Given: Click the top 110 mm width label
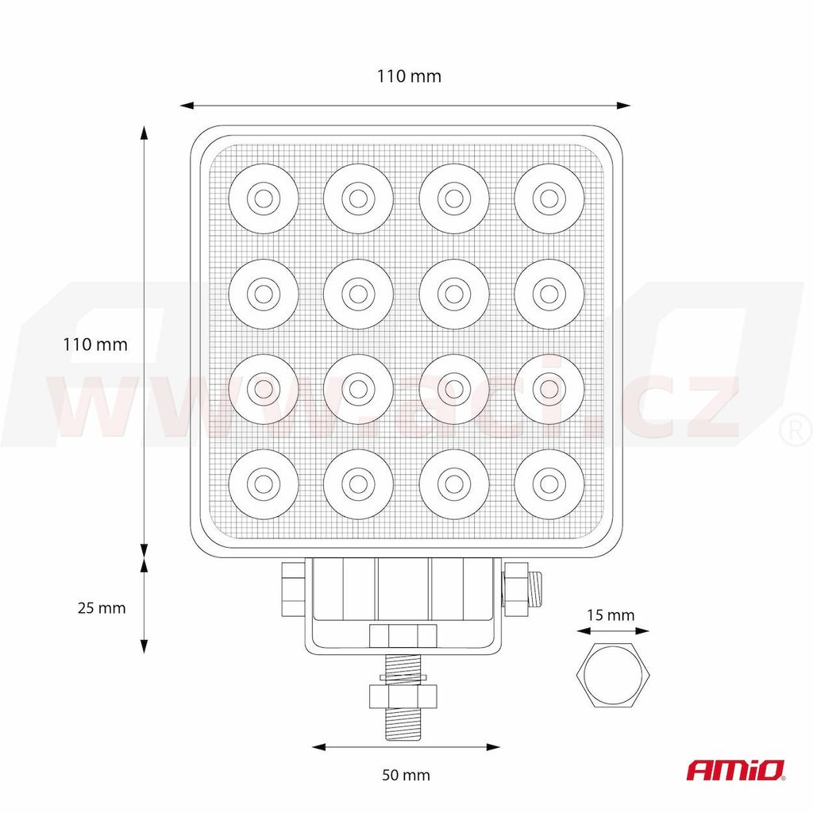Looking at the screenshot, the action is [409, 76].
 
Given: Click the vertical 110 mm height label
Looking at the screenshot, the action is [95, 345].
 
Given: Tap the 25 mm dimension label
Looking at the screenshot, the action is [102, 607].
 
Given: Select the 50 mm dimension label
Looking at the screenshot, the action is [406, 775].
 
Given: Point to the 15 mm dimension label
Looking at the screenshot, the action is [611, 615].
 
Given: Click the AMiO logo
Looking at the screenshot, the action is [736, 770].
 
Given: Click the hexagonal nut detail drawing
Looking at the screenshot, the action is [614, 675].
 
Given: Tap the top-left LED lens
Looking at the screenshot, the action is [264, 198].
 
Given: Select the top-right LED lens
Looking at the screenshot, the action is [549, 198].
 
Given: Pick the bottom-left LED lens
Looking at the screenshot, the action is [264, 484].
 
